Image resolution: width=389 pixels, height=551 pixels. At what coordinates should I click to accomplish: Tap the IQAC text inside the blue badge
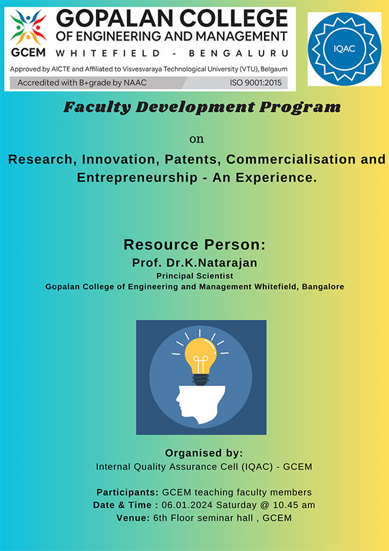point(344,49)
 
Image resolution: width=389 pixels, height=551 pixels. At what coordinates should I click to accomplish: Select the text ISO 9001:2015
point(256,83)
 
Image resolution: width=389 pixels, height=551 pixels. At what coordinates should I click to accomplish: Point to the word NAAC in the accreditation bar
point(135,83)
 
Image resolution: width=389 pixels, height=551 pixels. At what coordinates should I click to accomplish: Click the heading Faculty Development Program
point(202,107)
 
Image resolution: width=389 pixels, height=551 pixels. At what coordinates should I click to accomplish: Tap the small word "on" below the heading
point(197,139)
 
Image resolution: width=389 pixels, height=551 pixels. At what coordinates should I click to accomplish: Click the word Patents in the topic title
point(193,160)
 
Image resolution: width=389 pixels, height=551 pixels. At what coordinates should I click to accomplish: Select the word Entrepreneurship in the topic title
point(137,177)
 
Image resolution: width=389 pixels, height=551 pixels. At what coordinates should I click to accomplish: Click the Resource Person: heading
point(195,245)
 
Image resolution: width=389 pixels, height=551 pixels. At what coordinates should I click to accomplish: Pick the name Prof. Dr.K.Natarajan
point(195,263)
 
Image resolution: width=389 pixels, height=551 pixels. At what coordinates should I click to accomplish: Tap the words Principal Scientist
point(195,276)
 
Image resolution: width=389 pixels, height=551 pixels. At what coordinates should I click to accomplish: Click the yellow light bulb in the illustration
point(201,355)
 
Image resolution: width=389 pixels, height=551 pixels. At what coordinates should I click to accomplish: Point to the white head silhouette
point(200,404)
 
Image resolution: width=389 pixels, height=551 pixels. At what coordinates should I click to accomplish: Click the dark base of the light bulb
point(201,380)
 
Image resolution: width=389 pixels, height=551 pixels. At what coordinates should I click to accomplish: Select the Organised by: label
point(204,453)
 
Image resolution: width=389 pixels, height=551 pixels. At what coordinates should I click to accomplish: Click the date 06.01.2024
point(187,505)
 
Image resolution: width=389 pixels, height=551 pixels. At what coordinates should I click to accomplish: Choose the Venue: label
point(133,518)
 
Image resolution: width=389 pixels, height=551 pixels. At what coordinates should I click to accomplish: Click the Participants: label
point(127,492)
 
